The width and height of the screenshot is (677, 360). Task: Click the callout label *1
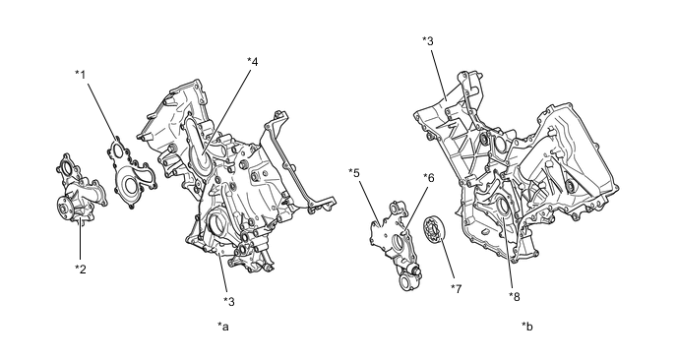coord(81,75)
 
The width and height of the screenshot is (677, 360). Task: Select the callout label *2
coord(81,270)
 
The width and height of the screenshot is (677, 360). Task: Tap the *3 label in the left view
coord(229,302)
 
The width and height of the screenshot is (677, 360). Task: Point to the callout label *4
coord(253,62)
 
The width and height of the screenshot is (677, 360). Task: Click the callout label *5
coord(354,173)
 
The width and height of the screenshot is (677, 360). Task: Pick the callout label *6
coord(429,177)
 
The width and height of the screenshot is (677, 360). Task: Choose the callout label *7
coord(456,288)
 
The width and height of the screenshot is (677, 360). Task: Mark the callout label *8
coord(515,296)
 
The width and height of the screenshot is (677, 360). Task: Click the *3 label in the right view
coord(428,41)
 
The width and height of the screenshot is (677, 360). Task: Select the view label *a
coord(223,327)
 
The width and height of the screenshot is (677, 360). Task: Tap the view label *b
coord(527,327)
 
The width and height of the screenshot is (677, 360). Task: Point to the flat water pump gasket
coord(131,173)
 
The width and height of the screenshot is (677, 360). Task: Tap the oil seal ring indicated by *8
coord(504,208)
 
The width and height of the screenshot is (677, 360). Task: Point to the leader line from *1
coord(102,111)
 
